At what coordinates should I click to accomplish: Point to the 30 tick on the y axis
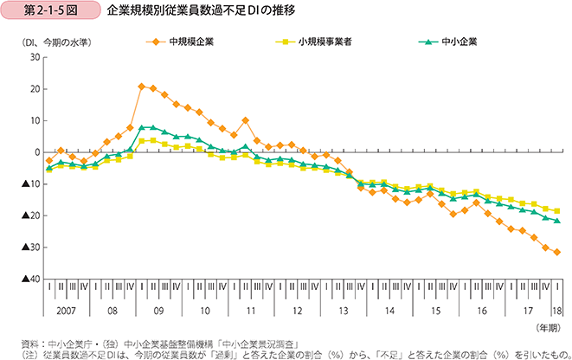[x=35, y=57]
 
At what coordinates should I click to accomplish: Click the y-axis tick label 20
[x=35, y=89]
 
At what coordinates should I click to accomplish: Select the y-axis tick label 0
[x=37, y=152]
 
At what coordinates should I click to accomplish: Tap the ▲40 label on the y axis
[x=30, y=280]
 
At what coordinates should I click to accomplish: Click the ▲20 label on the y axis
[x=30, y=215]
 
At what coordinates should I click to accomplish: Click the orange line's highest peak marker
[x=141, y=87]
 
